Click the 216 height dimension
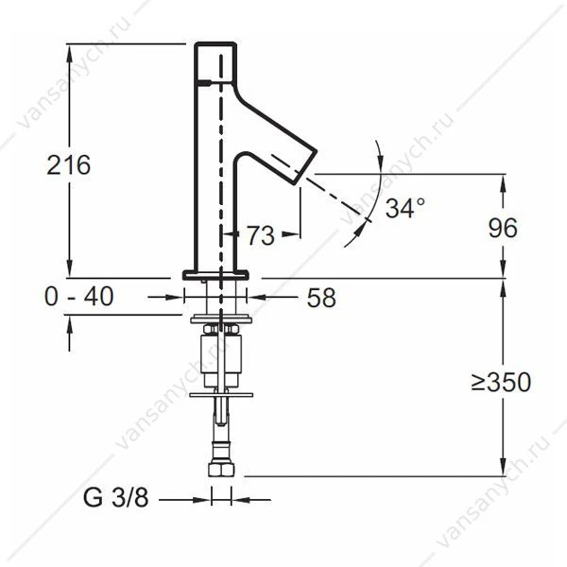(x=69, y=165)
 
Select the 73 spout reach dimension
(x=261, y=235)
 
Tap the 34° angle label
(x=404, y=208)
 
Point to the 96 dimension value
(x=503, y=228)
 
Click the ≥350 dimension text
(x=501, y=382)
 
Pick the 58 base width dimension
(x=321, y=298)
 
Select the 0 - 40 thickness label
(x=78, y=296)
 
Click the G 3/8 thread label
(x=115, y=498)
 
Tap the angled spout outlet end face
(x=308, y=167)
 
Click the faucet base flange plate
(x=215, y=275)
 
